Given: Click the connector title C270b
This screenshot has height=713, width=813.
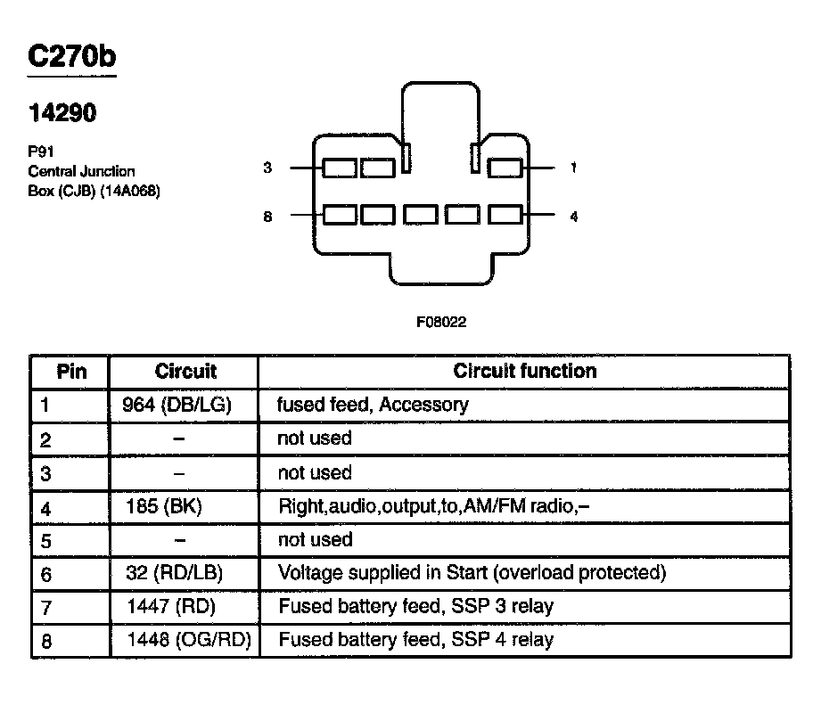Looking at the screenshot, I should click(72, 56).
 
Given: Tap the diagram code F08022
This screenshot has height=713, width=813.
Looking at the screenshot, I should click(440, 323).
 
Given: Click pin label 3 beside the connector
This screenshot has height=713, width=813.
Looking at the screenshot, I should click(267, 168).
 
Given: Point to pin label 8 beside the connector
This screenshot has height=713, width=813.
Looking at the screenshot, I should click(267, 216).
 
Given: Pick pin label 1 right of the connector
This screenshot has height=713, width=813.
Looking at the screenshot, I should click(572, 168).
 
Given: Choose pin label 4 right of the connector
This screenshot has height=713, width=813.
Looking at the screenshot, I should click(572, 216).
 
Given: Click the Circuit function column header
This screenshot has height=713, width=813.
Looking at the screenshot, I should click(525, 371).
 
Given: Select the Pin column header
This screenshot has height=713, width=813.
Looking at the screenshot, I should click(71, 371).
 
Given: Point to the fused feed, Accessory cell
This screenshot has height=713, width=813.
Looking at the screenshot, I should click(373, 405).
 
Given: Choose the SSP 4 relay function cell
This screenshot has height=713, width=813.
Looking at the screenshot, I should click(415, 640).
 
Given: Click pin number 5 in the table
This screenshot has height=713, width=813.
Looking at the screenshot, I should click(46, 540).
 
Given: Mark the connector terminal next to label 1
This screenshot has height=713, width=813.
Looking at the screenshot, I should click(506, 168).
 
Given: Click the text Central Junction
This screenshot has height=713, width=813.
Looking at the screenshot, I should click(82, 171).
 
